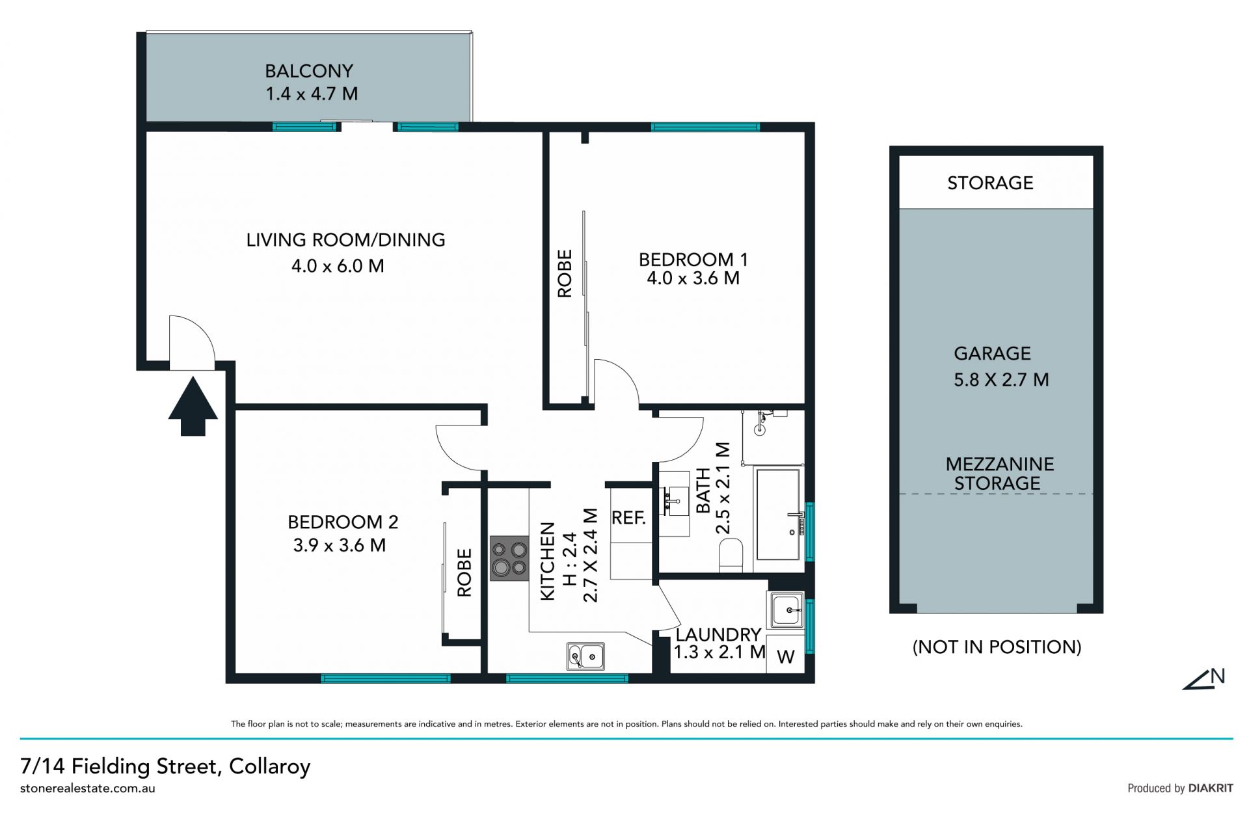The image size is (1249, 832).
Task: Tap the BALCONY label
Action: pyautogui.click(x=309, y=71)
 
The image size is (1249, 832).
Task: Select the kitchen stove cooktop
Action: pyautogui.click(x=509, y=558)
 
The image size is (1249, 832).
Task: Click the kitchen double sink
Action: pyautogui.click(x=585, y=656)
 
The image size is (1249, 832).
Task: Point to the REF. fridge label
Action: pyautogui.click(x=628, y=518)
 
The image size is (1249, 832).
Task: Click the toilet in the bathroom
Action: pyautogui.click(x=731, y=555)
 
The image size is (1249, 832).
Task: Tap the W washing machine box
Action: pyautogui.click(x=786, y=656)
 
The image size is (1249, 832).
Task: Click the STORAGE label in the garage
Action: pyautogui.click(x=990, y=183)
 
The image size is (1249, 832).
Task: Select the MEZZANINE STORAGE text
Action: pyautogui.click(x=999, y=474)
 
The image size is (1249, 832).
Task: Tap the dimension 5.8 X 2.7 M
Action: pyautogui.click(x=1001, y=379)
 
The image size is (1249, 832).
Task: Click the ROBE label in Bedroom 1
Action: pyautogui.click(x=565, y=274)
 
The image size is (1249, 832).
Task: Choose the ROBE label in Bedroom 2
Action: pyautogui.click(x=464, y=572)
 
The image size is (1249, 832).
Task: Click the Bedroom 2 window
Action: pyautogui.click(x=386, y=678)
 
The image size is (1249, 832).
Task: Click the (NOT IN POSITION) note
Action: pyautogui.click(x=997, y=647)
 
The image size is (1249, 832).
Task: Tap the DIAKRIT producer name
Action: pyautogui.click(x=1210, y=788)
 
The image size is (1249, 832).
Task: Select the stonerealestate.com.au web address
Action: pyautogui.click(x=88, y=788)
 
